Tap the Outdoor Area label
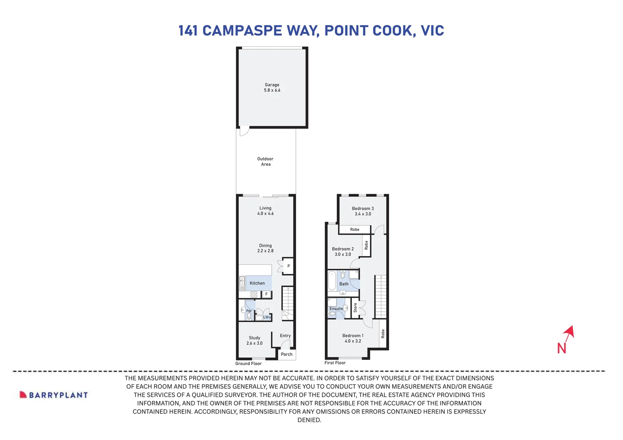pyautogui.click(x=265, y=161)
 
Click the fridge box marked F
pyautogui.click(x=267, y=294)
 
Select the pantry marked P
pyautogui.click(x=289, y=266)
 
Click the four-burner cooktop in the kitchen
pyautogui.click(x=254, y=295)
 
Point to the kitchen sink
pyautogui.click(x=242, y=281)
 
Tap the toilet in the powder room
pyautogui.click(x=249, y=316)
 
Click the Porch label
pyautogui.click(x=286, y=354)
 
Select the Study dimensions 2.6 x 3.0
pyautogui.click(x=254, y=343)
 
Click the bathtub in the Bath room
pyautogui.click(x=332, y=281)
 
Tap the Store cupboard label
pyautogui.click(x=355, y=308)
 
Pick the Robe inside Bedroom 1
pyautogui.click(x=383, y=334)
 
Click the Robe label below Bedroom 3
pyautogui.click(x=354, y=229)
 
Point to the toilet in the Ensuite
pyautogui.click(x=332, y=314)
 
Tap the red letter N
pyautogui.click(x=562, y=348)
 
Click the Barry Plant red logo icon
pyautogui.click(x=23, y=395)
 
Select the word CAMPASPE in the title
pyautogui.click(x=242, y=31)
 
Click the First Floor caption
pyautogui.click(x=335, y=363)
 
